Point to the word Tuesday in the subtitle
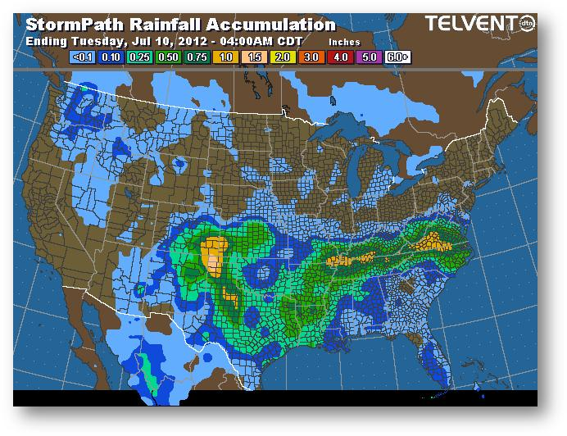click(93, 40)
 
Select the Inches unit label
click(344, 41)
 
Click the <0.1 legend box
click(84, 57)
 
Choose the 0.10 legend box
click(111, 57)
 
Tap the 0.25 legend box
click(139, 57)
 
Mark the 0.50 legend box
click(167, 57)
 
